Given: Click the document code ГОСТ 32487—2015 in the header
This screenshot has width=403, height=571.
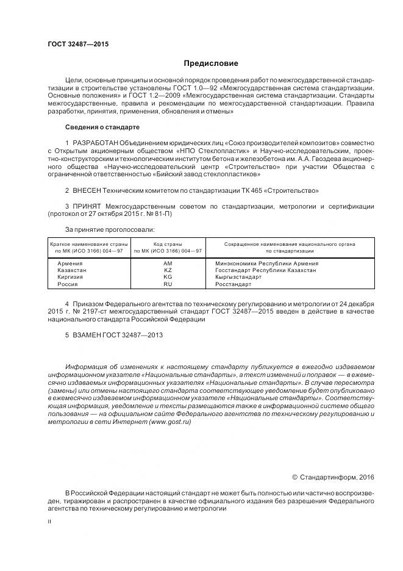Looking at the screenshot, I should point(74,44).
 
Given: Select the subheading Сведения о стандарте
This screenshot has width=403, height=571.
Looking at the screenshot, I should point(102,127).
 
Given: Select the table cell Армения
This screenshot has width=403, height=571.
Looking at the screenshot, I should point(70,263).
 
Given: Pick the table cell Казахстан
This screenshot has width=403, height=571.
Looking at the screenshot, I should point(72,270).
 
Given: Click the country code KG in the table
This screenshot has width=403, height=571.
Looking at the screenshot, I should point(168,277).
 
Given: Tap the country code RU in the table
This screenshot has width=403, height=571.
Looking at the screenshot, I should point(168,284).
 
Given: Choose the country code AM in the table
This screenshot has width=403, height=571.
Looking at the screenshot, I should point(168,263).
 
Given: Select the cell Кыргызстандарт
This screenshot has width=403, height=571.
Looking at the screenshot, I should point(239,277).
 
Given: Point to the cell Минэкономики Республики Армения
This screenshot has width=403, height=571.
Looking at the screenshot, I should point(267,263).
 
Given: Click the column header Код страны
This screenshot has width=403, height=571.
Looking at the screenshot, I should point(168,244).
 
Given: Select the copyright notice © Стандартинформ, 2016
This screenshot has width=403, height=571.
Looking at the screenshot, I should point(333,476).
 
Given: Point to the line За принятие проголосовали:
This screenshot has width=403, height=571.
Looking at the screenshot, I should point(101,229).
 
